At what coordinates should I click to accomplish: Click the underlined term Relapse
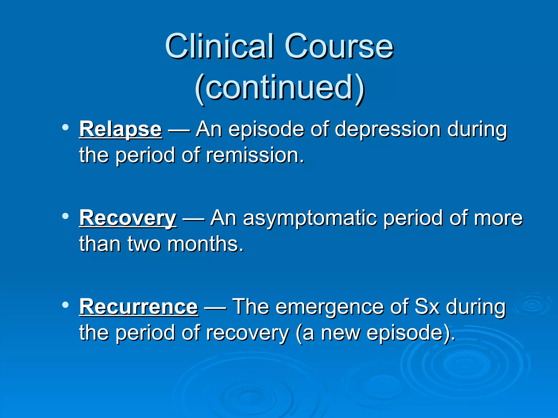coord(121,129)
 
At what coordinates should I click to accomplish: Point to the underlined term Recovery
coord(128,218)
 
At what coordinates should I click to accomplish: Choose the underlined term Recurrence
coord(139,307)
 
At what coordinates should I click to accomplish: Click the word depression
coord(387,129)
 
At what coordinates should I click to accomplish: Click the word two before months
coord(144,244)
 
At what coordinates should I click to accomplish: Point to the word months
coord(205,244)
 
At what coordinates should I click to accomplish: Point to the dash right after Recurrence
coord(215,308)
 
